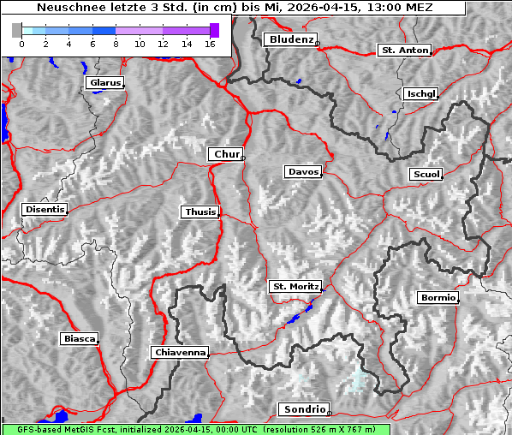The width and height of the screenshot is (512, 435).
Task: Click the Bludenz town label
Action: pos(289,39)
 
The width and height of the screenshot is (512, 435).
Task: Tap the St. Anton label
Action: pos(403,51)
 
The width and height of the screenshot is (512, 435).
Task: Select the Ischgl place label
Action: pos(420,93)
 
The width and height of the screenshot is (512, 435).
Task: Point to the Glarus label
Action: pos(104,83)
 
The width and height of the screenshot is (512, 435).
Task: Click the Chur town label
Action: pos(225,154)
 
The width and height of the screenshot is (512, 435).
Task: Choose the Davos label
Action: pos(302,172)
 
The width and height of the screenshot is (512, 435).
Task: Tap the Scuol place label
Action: pos(426,175)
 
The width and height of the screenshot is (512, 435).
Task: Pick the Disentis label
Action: pos(45,209)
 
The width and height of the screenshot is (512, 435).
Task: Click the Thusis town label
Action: pos(199,212)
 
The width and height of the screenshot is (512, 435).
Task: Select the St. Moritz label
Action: pos(295,286)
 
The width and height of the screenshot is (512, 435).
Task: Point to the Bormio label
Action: pos(438,298)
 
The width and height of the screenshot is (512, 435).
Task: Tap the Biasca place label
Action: pos(79,339)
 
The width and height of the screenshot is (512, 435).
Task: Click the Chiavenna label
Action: pos(179,352)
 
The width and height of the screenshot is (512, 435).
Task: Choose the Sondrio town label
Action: pos(303,409)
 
